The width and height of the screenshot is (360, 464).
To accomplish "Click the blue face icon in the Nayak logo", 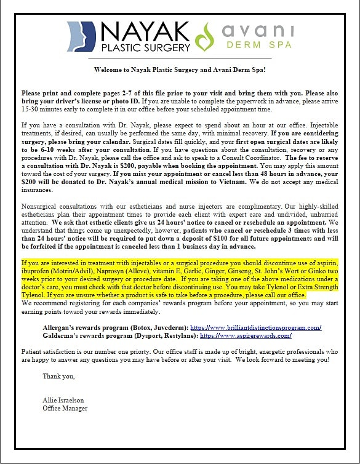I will pos(81,36).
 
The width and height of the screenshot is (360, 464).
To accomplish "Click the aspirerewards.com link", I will pos(246,336).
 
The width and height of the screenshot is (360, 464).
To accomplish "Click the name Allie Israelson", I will pos(63,400).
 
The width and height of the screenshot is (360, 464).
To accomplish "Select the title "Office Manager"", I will pos(65,408).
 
